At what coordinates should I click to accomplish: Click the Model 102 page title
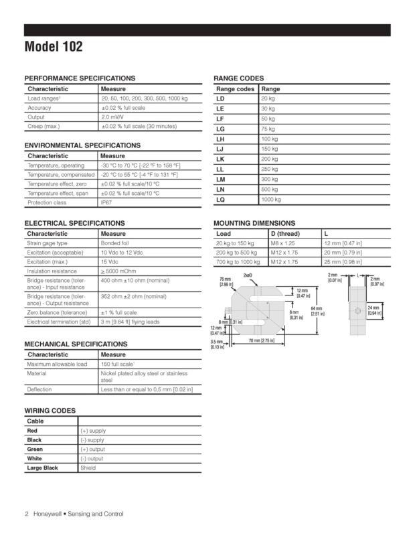pyautogui.click(x=54, y=47)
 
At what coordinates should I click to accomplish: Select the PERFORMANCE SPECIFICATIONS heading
pyautogui.click(x=80, y=78)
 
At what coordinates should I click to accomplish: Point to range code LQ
pyautogui.click(x=220, y=200)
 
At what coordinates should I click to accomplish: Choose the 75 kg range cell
pyautogui.click(x=268, y=129)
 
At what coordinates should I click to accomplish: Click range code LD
pyautogui.click(x=220, y=98)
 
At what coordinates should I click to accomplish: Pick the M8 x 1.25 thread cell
pyautogui.click(x=284, y=243)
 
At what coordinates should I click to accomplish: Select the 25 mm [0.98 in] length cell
pyautogui.click(x=342, y=262)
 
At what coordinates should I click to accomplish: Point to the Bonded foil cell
pyautogui.click(x=114, y=243)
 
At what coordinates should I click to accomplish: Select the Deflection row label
pyautogui.click(x=39, y=389)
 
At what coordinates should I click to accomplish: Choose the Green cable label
pyautogui.click(x=34, y=450)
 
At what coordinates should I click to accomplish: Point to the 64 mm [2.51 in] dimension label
pyautogui.click(x=317, y=310)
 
